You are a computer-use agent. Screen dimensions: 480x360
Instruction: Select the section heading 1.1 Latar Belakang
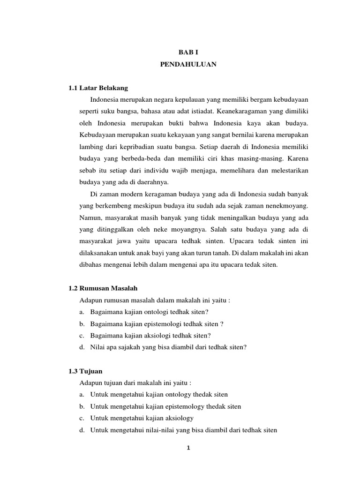(98, 88)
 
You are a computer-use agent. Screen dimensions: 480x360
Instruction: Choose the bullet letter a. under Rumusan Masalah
(82, 312)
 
